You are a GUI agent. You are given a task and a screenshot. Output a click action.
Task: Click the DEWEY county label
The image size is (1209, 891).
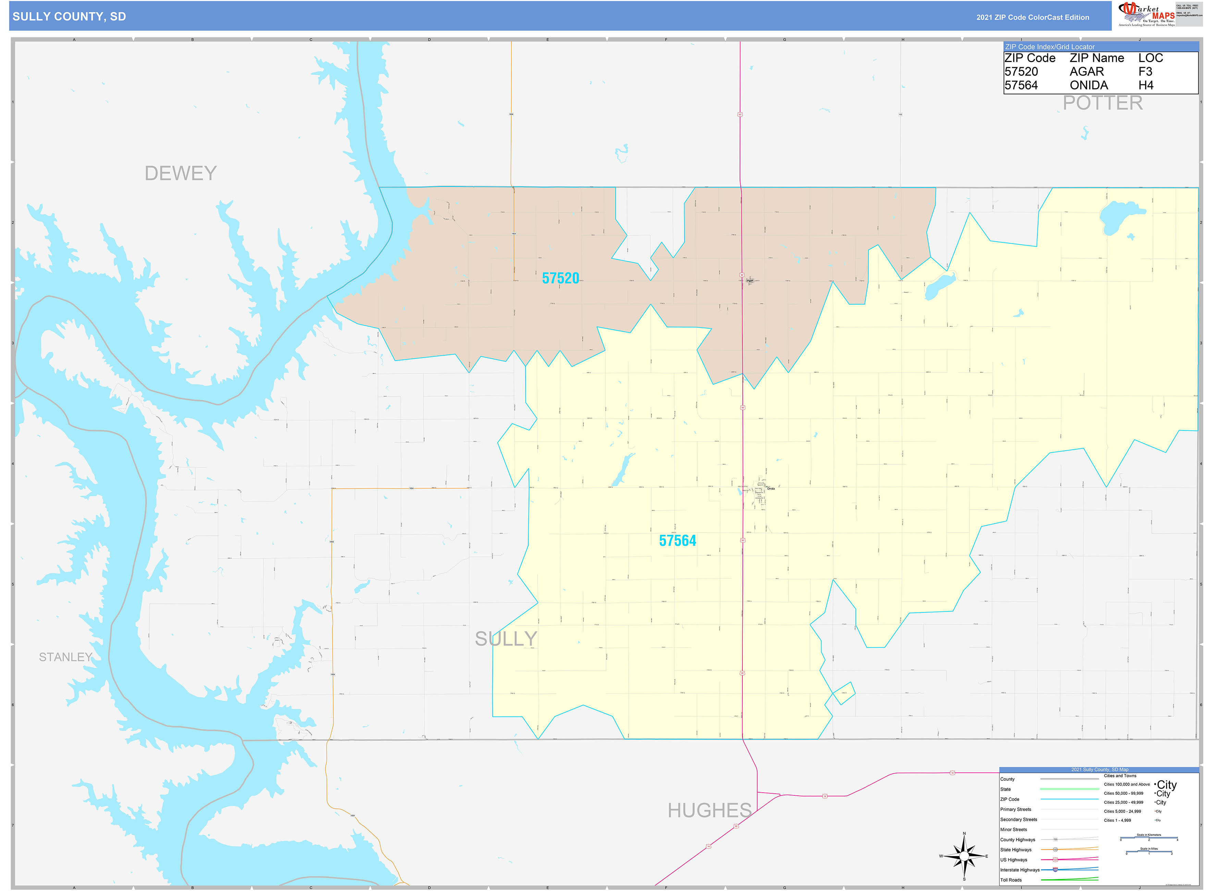coord(180,173)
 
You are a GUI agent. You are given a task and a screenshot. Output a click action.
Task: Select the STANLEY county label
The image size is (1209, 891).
coord(65,657)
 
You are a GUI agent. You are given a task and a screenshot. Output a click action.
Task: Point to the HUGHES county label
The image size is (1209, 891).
coord(709,810)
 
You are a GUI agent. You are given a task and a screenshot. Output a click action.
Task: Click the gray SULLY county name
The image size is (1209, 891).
coord(505,638)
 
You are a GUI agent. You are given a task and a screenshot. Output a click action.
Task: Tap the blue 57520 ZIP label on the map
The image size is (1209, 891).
coord(560,278)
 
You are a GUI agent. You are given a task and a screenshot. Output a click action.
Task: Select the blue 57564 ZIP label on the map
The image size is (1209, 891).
coord(677,540)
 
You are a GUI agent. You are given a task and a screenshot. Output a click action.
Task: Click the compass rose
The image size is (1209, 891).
coord(964,856)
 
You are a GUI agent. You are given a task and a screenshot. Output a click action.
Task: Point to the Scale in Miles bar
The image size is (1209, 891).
coord(1149,852)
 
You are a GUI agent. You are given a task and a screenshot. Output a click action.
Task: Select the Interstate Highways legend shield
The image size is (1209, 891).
coord(1055,869)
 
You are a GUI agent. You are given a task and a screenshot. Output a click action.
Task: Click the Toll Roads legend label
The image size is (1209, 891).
coord(1011,880)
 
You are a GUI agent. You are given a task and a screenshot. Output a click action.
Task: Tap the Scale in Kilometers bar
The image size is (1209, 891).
coord(1149,838)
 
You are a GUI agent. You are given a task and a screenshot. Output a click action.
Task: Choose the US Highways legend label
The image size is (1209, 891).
coord(1013,860)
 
